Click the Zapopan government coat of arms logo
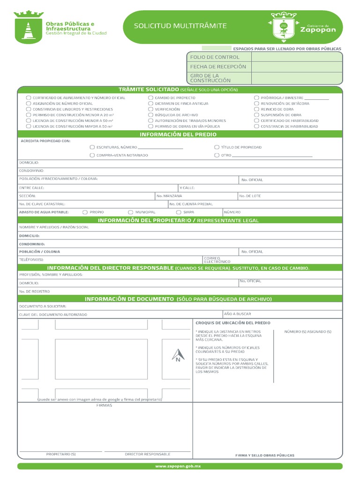point(284,26)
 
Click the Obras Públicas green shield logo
point(29,27)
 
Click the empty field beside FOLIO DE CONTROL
point(297,57)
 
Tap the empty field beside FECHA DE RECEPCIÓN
point(297,67)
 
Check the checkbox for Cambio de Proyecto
point(151,97)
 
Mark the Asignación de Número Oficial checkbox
point(29,104)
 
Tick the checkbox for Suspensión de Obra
point(256,115)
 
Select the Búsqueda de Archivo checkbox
point(151,115)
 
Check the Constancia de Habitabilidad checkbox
point(256,127)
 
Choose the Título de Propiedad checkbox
point(217,147)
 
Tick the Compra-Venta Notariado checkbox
point(92,155)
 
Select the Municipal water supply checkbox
point(131,212)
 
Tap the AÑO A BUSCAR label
point(237,314)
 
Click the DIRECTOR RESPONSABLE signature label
point(147,454)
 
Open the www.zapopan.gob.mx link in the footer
point(180,466)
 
